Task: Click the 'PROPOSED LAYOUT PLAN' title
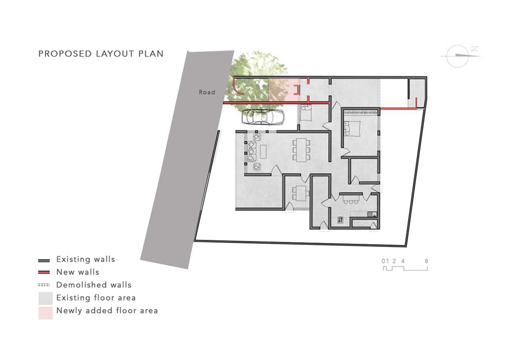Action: (x=101, y=54)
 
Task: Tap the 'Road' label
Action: (x=207, y=92)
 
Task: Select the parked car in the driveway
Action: (x=263, y=117)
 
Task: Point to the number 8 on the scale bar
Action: (x=426, y=261)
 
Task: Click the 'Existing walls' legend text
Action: (x=85, y=259)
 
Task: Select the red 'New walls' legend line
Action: (x=44, y=272)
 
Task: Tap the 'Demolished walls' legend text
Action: (x=94, y=285)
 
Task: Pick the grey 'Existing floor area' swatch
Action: (x=45, y=299)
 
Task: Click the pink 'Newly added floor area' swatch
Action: (x=45, y=313)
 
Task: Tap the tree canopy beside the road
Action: (x=257, y=80)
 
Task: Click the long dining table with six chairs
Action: (x=301, y=150)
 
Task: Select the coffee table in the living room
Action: (x=263, y=152)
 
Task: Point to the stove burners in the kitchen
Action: (x=340, y=220)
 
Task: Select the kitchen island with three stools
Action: (x=351, y=198)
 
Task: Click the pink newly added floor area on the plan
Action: (x=284, y=90)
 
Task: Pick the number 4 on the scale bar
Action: (x=403, y=261)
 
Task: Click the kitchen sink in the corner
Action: (x=372, y=214)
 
